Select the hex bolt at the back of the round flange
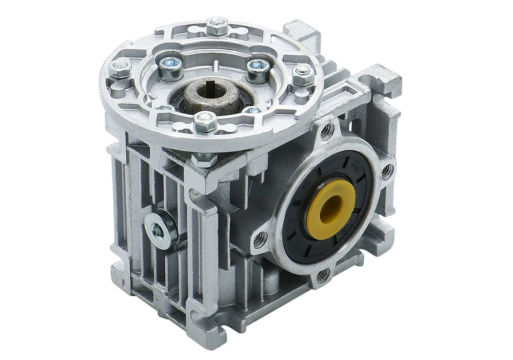tap(217, 26)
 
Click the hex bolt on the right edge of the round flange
tap(303, 74)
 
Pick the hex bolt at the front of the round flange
tap(205, 121)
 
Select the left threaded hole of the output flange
tap(260, 237)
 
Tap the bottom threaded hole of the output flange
tap(323, 275)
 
